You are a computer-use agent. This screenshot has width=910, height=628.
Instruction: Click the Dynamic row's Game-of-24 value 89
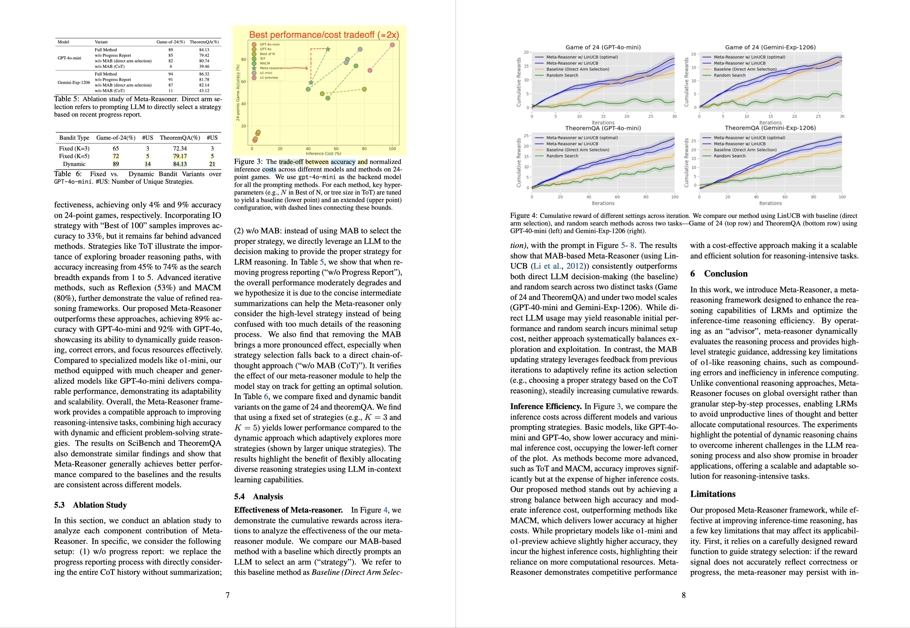pos(115,164)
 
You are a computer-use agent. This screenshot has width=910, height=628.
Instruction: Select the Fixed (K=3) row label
pos(74,148)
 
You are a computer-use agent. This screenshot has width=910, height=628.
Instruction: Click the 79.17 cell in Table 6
pos(180,156)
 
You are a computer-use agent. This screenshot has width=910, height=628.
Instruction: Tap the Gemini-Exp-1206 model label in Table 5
pos(74,82)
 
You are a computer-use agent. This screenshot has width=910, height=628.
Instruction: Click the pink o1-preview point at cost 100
pos(392,45)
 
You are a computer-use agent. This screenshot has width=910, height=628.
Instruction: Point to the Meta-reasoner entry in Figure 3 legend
pos(271,68)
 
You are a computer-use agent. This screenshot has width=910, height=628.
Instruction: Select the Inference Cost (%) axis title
pos(323,153)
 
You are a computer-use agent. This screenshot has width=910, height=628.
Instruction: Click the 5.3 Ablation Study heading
pos(90,505)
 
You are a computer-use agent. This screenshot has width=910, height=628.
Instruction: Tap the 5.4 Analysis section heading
pos(258,497)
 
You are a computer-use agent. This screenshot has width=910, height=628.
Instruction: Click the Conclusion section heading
pos(719,274)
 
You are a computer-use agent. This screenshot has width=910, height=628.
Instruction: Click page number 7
pos(227,595)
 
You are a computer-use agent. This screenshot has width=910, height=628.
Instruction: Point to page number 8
pos(684,595)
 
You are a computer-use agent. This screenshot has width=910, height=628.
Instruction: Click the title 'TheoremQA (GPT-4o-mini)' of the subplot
pos(603,128)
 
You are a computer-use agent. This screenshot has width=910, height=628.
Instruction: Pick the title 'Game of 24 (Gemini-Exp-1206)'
pos(770,47)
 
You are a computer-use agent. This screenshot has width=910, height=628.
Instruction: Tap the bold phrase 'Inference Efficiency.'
pos(546,407)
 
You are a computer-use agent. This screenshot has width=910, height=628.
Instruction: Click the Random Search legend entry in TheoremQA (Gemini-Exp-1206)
pos(729,156)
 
